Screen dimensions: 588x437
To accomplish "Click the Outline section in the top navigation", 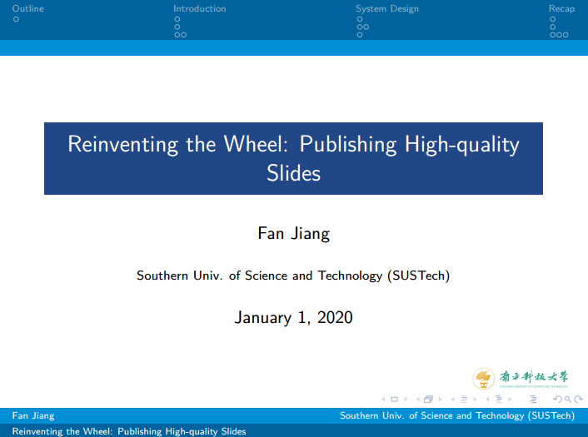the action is point(27,8).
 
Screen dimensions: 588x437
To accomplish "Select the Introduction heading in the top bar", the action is point(200,8).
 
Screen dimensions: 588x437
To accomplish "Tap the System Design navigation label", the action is point(387,9).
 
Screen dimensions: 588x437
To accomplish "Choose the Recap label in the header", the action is point(561,9).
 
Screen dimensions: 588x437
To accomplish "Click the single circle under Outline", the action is point(16,19).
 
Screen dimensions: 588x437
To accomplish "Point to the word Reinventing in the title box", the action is point(122,145).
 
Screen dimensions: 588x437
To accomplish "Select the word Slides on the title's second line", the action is point(294,173).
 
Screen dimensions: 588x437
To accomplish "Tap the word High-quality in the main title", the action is point(462,145).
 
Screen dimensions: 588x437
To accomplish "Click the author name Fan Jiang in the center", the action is point(294,234).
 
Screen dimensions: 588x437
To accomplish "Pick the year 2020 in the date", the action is point(335,317).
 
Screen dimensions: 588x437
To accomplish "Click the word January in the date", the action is point(263,318).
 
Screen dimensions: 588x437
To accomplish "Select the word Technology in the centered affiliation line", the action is point(351,276).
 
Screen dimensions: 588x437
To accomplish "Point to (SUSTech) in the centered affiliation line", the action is point(418,276).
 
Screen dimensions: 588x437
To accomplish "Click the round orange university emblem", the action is point(483,379).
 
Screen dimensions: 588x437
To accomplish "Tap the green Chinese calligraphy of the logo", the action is point(534,377).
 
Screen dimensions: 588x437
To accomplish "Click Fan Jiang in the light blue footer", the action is point(33,415).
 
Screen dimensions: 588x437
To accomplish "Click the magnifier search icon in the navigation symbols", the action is point(568,400).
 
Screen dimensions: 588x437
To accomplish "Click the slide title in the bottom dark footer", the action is point(129,431).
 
